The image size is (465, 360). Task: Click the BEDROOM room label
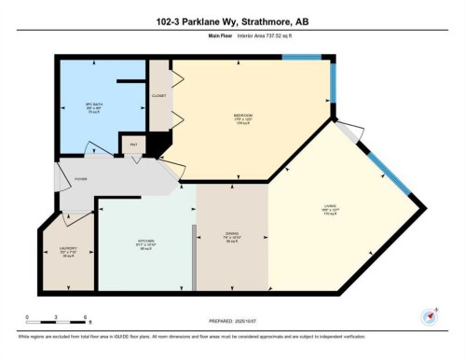pyautogui.click(x=242, y=118)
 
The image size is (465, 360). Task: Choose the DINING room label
pyautogui.click(x=231, y=237)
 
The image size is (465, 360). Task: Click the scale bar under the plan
pyautogui.click(x=56, y=322)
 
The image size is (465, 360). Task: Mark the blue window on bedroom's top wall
pyautogui.click(x=302, y=58)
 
